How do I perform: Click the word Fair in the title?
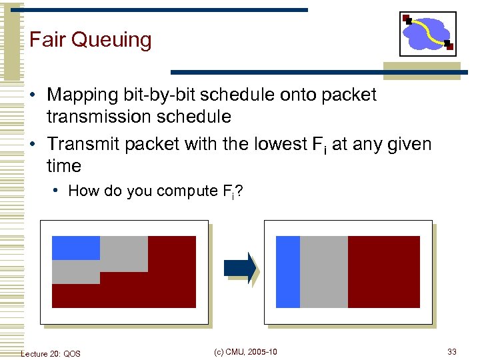click(47, 40)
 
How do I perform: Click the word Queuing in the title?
click(111, 41)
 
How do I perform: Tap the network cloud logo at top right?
click(428, 34)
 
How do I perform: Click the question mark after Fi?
click(239, 191)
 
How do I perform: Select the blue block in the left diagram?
click(75, 247)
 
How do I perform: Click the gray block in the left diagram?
click(123, 255)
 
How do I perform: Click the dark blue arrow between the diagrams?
click(240, 268)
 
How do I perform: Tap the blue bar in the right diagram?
click(288, 272)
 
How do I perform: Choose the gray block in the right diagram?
click(324, 272)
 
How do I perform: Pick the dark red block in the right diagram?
click(384, 272)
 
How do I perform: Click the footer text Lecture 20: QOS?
click(51, 353)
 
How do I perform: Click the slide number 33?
click(451, 352)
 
